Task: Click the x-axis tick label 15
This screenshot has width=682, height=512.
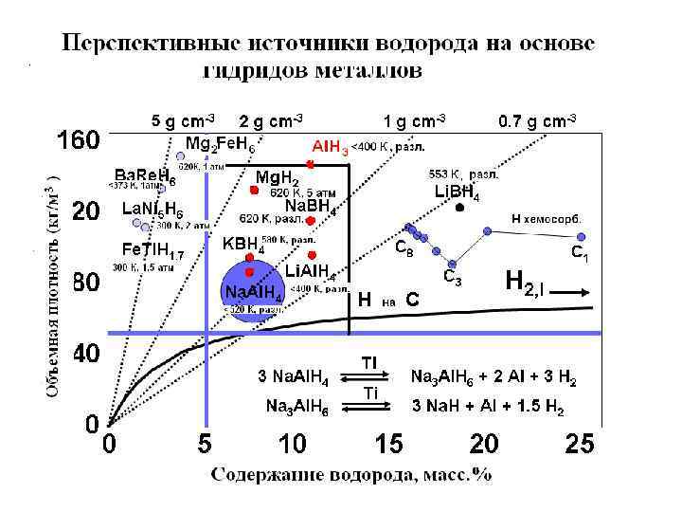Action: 388,444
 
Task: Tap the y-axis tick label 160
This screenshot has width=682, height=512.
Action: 78,141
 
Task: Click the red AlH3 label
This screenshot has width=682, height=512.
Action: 331,147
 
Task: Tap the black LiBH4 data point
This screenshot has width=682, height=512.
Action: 459,208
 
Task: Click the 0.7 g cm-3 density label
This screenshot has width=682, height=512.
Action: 536,120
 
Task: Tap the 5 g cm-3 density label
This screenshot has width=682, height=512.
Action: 184,120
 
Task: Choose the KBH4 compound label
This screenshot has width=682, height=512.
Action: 243,244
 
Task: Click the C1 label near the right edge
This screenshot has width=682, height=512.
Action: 580,253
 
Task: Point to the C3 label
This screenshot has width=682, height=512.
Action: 454,278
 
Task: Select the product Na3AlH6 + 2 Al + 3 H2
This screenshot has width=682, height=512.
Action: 494,376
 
